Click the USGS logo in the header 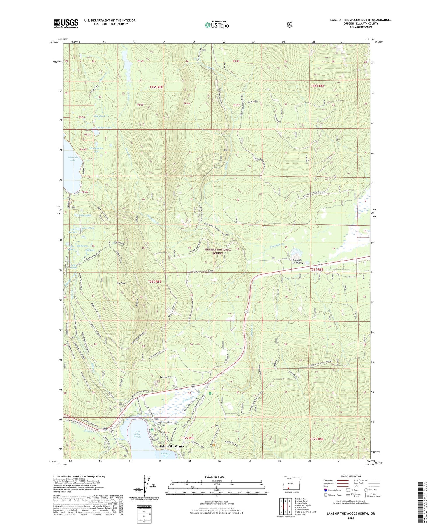66,23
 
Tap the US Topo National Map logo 217,25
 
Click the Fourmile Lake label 72,159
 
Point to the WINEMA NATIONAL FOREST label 218,251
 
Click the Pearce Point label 166,377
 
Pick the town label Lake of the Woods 172,446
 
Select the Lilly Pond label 99,116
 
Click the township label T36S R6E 317,270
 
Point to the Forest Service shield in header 289,25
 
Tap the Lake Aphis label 85,215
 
